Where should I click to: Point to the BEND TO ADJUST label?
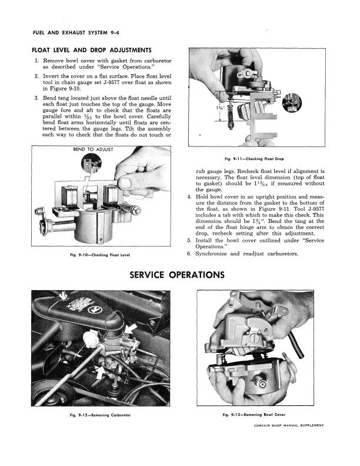(92, 149)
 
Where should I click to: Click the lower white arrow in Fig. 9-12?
(99, 370)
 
